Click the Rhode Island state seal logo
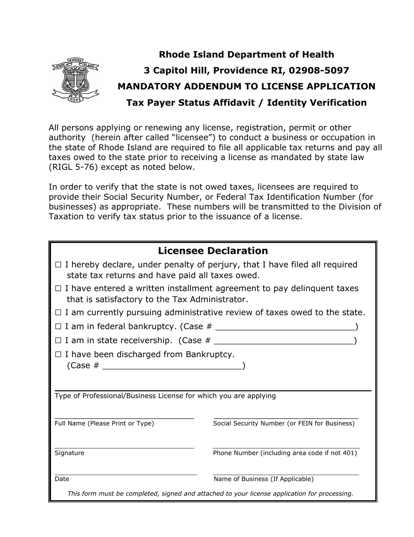point(76,80)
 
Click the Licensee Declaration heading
point(213,251)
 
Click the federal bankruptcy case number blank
point(285,327)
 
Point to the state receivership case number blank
point(284,341)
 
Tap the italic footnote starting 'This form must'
point(210,493)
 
